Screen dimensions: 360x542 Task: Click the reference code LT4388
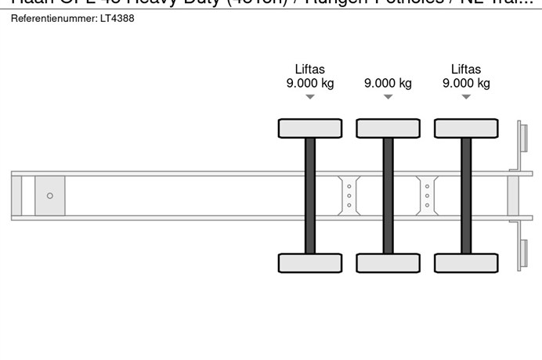pyautogui.click(x=116, y=18)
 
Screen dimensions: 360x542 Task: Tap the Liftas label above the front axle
pyautogui.click(x=310, y=69)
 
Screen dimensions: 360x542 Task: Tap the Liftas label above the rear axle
pyautogui.click(x=466, y=69)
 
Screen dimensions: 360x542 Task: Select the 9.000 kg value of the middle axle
pyautogui.click(x=388, y=84)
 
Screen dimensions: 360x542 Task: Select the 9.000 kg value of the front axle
pyautogui.click(x=310, y=84)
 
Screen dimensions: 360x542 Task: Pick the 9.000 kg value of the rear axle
pyautogui.click(x=466, y=84)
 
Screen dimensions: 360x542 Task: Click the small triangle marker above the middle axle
pyautogui.click(x=388, y=97)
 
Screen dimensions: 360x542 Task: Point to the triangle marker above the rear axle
pyautogui.click(x=466, y=97)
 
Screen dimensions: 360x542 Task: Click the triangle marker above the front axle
pyautogui.click(x=310, y=97)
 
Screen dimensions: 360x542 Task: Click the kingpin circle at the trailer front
pyautogui.click(x=50, y=196)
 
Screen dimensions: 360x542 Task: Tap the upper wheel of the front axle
pyautogui.click(x=310, y=128)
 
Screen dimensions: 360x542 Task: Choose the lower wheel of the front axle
pyautogui.click(x=310, y=263)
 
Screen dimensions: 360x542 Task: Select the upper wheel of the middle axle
pyautogui.click(x=388, y=128)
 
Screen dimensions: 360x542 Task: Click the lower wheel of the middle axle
pyautogui.click(x=388, y=263)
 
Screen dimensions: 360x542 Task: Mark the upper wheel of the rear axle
pyautogui.click(x=466, y=128)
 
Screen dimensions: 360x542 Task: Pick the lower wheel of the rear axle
pyautogui.click(x=466, y=263)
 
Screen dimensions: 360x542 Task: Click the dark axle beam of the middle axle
pyautogui.click(x=388, y=196)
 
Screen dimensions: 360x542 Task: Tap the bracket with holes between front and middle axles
pyautogui.click(x=349, y=195)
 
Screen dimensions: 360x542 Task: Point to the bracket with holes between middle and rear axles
pyautogui.click(x=427, y=195)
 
